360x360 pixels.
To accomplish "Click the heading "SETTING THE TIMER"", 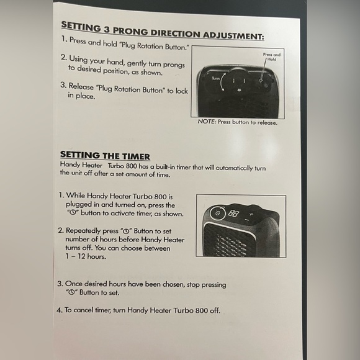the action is pos(105,155).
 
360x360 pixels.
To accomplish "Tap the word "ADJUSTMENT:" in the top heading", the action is pos(233,35).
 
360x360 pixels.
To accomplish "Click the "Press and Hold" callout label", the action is pos(272,56).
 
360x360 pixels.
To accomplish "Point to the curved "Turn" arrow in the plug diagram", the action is pos(222,82).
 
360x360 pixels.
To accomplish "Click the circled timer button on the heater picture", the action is pos(217,214).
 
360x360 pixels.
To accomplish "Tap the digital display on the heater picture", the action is pos(233,214).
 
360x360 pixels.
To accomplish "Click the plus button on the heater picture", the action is pos(251,214).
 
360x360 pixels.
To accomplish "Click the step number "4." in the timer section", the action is pos(60,310).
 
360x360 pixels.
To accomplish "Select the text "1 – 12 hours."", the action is pos(86,256).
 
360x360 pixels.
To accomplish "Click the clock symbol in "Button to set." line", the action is pos(72,292).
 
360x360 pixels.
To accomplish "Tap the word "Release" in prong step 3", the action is pos(81,86).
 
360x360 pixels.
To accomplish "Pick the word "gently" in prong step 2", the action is pos(137,63).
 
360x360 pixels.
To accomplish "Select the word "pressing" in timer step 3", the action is pos(214,285).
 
